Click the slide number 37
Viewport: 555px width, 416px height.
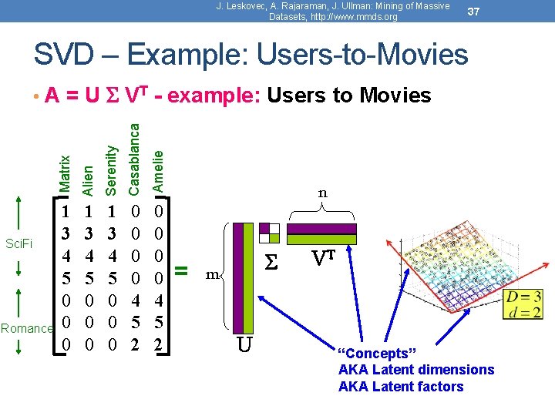point(476,12)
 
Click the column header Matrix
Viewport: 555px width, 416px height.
point(66,173)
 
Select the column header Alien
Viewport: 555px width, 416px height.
point(89,178)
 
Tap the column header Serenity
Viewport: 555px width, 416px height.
point(111,169)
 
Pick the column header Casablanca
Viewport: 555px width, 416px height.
point(134,158)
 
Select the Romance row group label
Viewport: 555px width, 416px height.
point(27,328)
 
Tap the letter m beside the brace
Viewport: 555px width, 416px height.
point(211,274)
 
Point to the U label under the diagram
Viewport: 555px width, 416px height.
point(244,344)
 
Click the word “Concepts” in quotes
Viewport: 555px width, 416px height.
point(377,354)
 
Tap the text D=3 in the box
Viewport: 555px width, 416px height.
point(523,297)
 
